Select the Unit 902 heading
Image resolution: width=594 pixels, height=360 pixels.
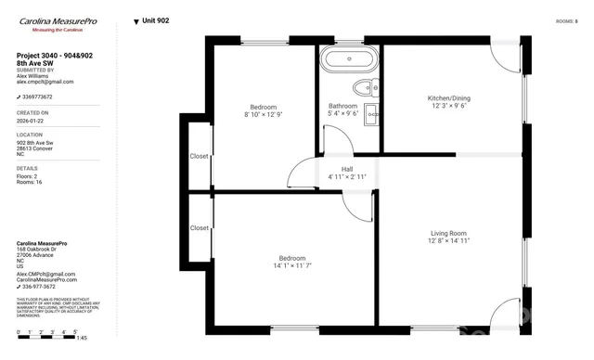pos(154,20)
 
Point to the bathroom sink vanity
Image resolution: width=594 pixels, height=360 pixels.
pos(370,115)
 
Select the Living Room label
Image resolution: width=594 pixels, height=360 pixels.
pos(448,233)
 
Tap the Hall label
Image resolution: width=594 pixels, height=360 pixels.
pos(347,169)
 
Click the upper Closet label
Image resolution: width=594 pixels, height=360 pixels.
pos(200,156)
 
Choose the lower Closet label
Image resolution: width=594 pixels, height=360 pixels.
pos(200,227)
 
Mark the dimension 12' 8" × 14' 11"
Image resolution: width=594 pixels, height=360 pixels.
pos(448,241)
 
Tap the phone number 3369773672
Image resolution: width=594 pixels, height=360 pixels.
pos(38,96)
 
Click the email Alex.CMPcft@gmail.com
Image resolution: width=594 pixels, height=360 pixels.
pos(46,274)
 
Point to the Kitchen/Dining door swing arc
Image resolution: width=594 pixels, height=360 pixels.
pos(505,61)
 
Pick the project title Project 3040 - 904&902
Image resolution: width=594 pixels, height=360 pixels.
pos(54,56)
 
